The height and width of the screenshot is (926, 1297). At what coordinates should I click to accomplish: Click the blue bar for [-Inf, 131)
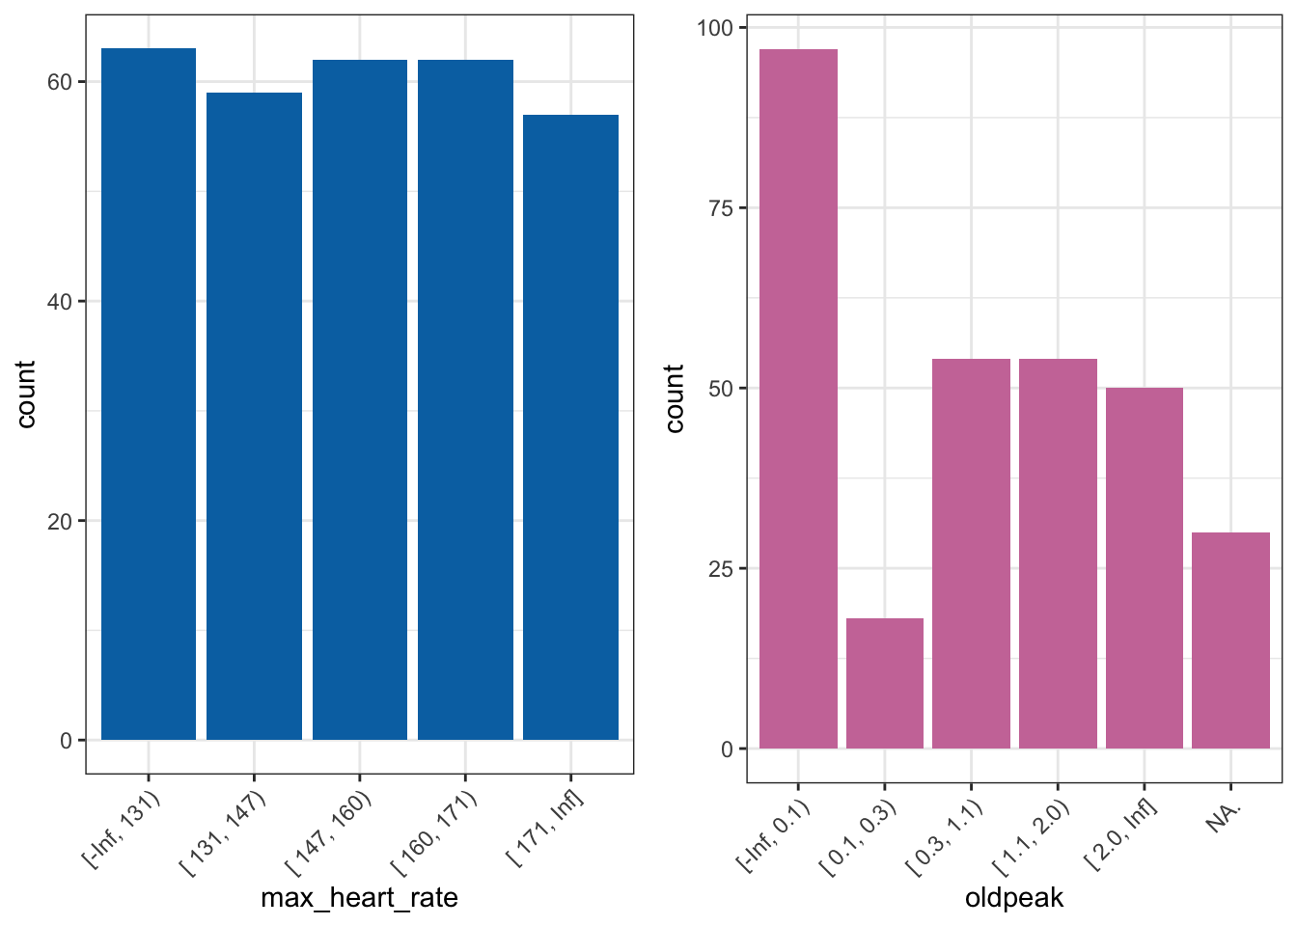pyautogui.click(x=149, y=394)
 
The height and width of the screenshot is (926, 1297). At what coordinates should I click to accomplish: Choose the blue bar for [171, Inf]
pyautogui.click(x=570, y=427)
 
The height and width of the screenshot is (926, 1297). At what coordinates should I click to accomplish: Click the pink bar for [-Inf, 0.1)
pyautogui.click(x=798, y=398)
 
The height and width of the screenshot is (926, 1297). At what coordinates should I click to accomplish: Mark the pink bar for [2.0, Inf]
pyautogui.click(x=1145, y=568)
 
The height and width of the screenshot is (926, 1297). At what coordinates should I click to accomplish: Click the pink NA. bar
pyautogui.click(x=1230, y=640)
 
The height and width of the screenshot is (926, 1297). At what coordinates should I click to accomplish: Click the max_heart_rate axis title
pyautogui.click(x=360, y=898)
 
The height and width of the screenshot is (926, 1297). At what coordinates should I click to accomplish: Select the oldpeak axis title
pyautogui.click(x=1014, y=898)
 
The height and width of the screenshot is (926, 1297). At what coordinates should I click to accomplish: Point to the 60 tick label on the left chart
pyautogui.click(x=60, y=82)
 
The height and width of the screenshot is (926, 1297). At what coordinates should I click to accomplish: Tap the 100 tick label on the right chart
pyautogui.click(x=714, y=28)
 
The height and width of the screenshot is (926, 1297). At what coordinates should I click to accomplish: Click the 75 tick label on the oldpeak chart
pyautogui.click(x=721, y=208)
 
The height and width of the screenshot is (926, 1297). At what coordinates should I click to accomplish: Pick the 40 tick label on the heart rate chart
pyautogui.click(x=60, y=302)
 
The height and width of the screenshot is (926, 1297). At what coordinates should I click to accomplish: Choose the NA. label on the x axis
pyautogui.click(x=1223, y=817)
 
